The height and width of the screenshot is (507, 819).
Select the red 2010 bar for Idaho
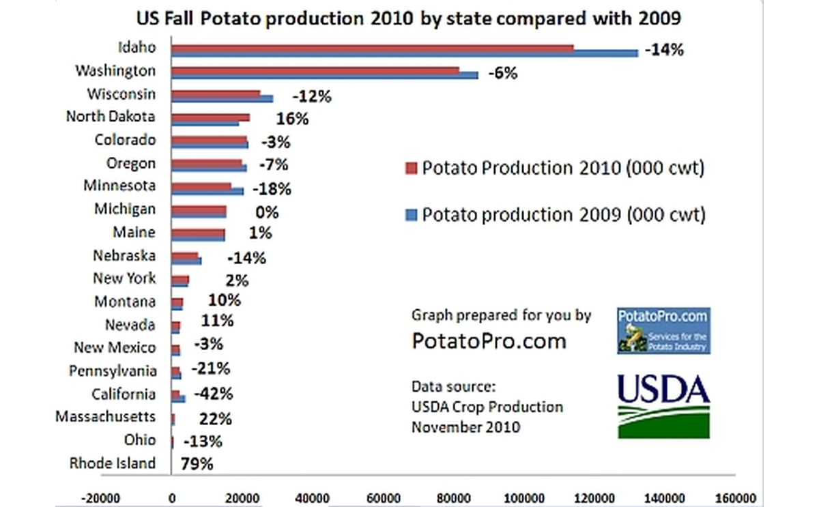tap(372, 47)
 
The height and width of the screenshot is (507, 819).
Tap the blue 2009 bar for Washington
tap(324, 75)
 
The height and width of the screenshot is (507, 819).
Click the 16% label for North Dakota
tap(292, 119)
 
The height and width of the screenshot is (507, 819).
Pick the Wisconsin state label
tap(121, 93)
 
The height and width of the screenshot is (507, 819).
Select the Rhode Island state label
tap(113, 463)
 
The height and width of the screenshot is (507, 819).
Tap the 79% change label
tap(197, 464)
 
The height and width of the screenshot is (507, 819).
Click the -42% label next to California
tap(213, 394)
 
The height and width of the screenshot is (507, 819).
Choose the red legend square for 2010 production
tap(409, 169)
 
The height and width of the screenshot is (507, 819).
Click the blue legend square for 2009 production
tap(409, 216)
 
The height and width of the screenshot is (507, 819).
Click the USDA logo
tap(663, 405)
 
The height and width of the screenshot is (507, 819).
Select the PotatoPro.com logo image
tap(663, 330)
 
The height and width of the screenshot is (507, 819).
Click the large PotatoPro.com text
tap(489, 341)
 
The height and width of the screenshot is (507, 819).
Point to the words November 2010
tap(465, 428)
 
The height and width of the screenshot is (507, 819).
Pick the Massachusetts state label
tap(105, 416)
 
